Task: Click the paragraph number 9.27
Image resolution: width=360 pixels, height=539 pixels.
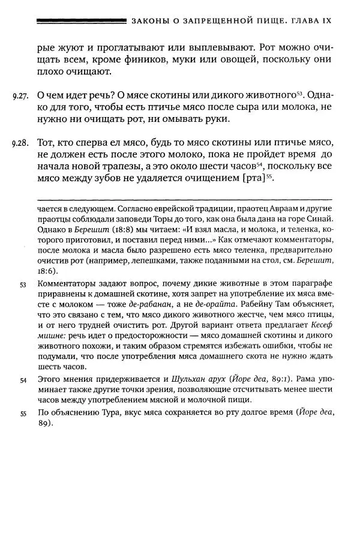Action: point(20,96)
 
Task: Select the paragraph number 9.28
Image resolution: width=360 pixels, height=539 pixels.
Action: point(20,145)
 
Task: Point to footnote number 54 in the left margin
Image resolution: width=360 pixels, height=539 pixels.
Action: point(23,381)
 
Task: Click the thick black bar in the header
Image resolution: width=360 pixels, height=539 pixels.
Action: point(81,21)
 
